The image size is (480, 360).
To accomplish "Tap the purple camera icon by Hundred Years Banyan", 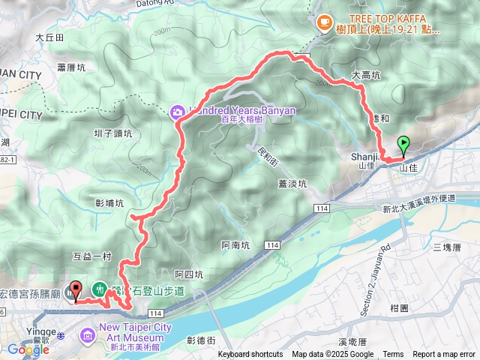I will tap(177, 112).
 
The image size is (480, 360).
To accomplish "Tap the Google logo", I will tap(28, 349).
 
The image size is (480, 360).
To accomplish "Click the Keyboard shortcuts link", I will tap(250, 355).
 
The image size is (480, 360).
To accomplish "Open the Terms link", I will tap(393, 355).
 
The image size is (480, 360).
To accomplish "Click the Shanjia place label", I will tap(362, 157).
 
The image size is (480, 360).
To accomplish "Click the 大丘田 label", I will tap(49, 36).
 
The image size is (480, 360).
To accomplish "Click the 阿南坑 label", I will tap(236, 244).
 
